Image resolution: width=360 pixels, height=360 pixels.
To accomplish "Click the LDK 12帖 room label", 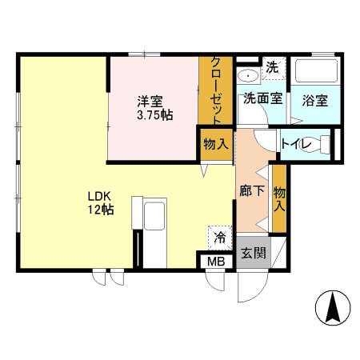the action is pos(101,203).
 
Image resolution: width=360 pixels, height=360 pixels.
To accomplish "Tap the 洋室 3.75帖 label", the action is pos(155,108).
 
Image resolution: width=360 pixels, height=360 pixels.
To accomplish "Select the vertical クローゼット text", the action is pos(215,90).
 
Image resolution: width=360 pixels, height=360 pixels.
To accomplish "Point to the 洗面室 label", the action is pos(263,98).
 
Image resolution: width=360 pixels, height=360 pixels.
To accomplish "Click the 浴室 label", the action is pos(315,101).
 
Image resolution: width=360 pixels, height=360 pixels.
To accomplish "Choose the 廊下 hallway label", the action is pos(252,190).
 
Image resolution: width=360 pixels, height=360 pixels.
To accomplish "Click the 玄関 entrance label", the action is pos(254,253).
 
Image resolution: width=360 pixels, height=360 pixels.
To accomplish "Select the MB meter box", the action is pos(216,262).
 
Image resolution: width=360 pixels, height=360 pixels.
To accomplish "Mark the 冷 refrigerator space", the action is pos(220,238).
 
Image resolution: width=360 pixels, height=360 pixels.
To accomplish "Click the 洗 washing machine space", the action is pos(273,68).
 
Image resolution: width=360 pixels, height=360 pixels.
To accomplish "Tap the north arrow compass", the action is pos(333,308).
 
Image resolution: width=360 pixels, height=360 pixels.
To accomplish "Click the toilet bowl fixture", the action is pos(318,144).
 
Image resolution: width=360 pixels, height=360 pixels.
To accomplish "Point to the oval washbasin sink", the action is pos(248,76).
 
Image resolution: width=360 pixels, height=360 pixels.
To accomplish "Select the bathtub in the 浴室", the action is pos(315,70).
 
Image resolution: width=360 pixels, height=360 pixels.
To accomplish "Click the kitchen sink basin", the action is pos(154,216).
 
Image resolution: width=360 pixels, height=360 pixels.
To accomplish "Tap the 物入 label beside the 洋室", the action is pos(216,145).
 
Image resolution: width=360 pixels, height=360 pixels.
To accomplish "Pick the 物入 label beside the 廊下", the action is pos(279,199).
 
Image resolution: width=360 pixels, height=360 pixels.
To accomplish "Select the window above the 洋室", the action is pos(144,54).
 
